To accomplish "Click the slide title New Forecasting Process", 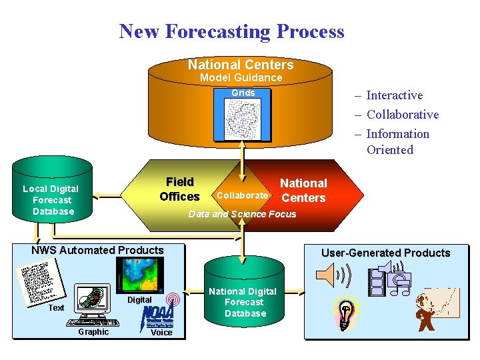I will click(x=231, y=31).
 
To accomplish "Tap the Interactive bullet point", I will click(x=394, y=95).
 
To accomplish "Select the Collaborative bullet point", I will click(x=402, y=115).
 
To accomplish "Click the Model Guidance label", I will click(x=241, y=78).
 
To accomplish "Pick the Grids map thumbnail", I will click(x=243, y=120).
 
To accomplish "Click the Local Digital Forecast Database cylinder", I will click(x=51, y=197).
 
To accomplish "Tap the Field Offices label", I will click(x=179, y=189).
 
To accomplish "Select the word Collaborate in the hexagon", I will click(x=243, y=195).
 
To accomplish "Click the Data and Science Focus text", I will click(x=243, y=214).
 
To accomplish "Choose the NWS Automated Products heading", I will click(x=97, y=251).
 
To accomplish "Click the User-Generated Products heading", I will click(x=385, y=253).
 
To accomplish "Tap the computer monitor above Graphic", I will click(x=93, y=301).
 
